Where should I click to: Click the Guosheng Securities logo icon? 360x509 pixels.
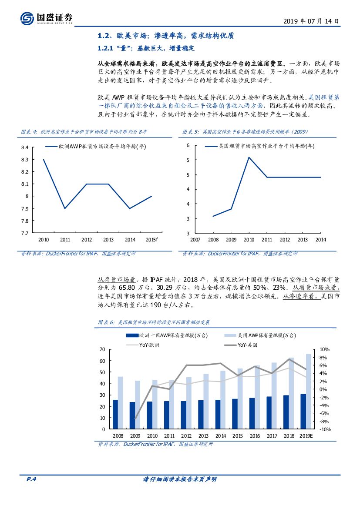click(x=27, y=18)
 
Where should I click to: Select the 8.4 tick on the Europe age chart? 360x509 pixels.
click(x=24, y=148)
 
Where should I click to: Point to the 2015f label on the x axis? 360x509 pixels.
click(x=151, y=240)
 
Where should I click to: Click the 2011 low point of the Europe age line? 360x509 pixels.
click(x=65, y=208)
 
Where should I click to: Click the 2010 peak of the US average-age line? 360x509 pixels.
click(x=249, y=157)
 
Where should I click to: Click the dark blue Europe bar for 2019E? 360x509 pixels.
click(x=303, y=411)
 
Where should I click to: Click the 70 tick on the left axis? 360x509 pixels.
click(x=102, y=349)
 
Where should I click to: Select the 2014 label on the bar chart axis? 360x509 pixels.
click(x=221, y=435)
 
